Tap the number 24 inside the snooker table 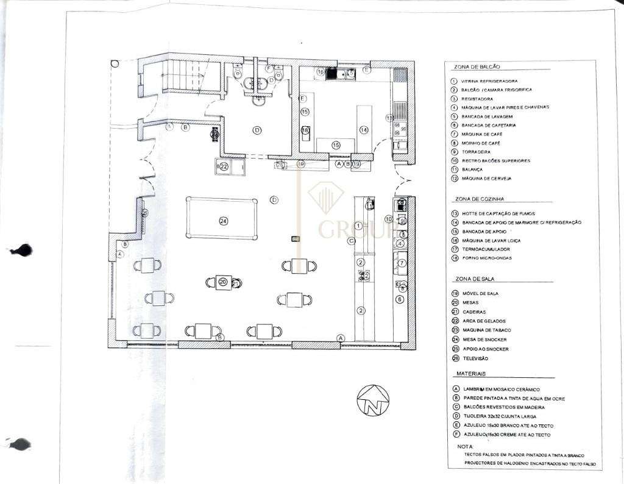[222, 220]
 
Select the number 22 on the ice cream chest [224, 166]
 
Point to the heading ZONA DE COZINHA [479, 199]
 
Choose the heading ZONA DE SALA [474, 279]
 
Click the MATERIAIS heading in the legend [470, 373]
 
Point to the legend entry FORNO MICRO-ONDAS [487, 258]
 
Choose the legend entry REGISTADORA [477, 99]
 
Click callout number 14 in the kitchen [364, 129]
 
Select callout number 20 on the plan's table [222, 282]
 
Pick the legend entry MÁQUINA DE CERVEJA [486, 179]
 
